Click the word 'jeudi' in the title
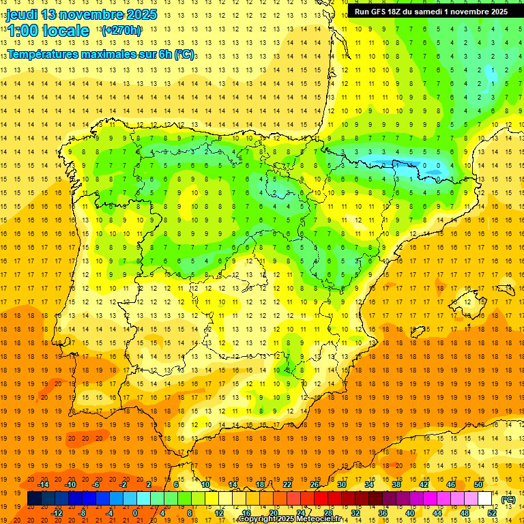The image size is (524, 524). [x=23, y=14]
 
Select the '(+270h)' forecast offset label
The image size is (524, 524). [x=121, y=31]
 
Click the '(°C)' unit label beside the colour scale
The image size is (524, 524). [x=508, y=499]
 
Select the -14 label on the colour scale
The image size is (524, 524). [x=44, y=484]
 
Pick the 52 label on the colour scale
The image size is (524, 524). [x=491, y=512]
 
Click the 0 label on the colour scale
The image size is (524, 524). [x=135, y=512]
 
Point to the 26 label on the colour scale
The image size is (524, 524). [x=314, y=484]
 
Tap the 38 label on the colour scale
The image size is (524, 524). [x=396, y=484]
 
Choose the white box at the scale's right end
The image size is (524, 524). [x=485, y=499]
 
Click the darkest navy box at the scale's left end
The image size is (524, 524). [x=34, y=499]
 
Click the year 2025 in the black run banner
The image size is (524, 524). [x=495, y=12]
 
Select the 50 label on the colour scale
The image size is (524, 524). [x=478, y=484]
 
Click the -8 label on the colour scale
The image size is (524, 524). [x=83, y=512]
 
